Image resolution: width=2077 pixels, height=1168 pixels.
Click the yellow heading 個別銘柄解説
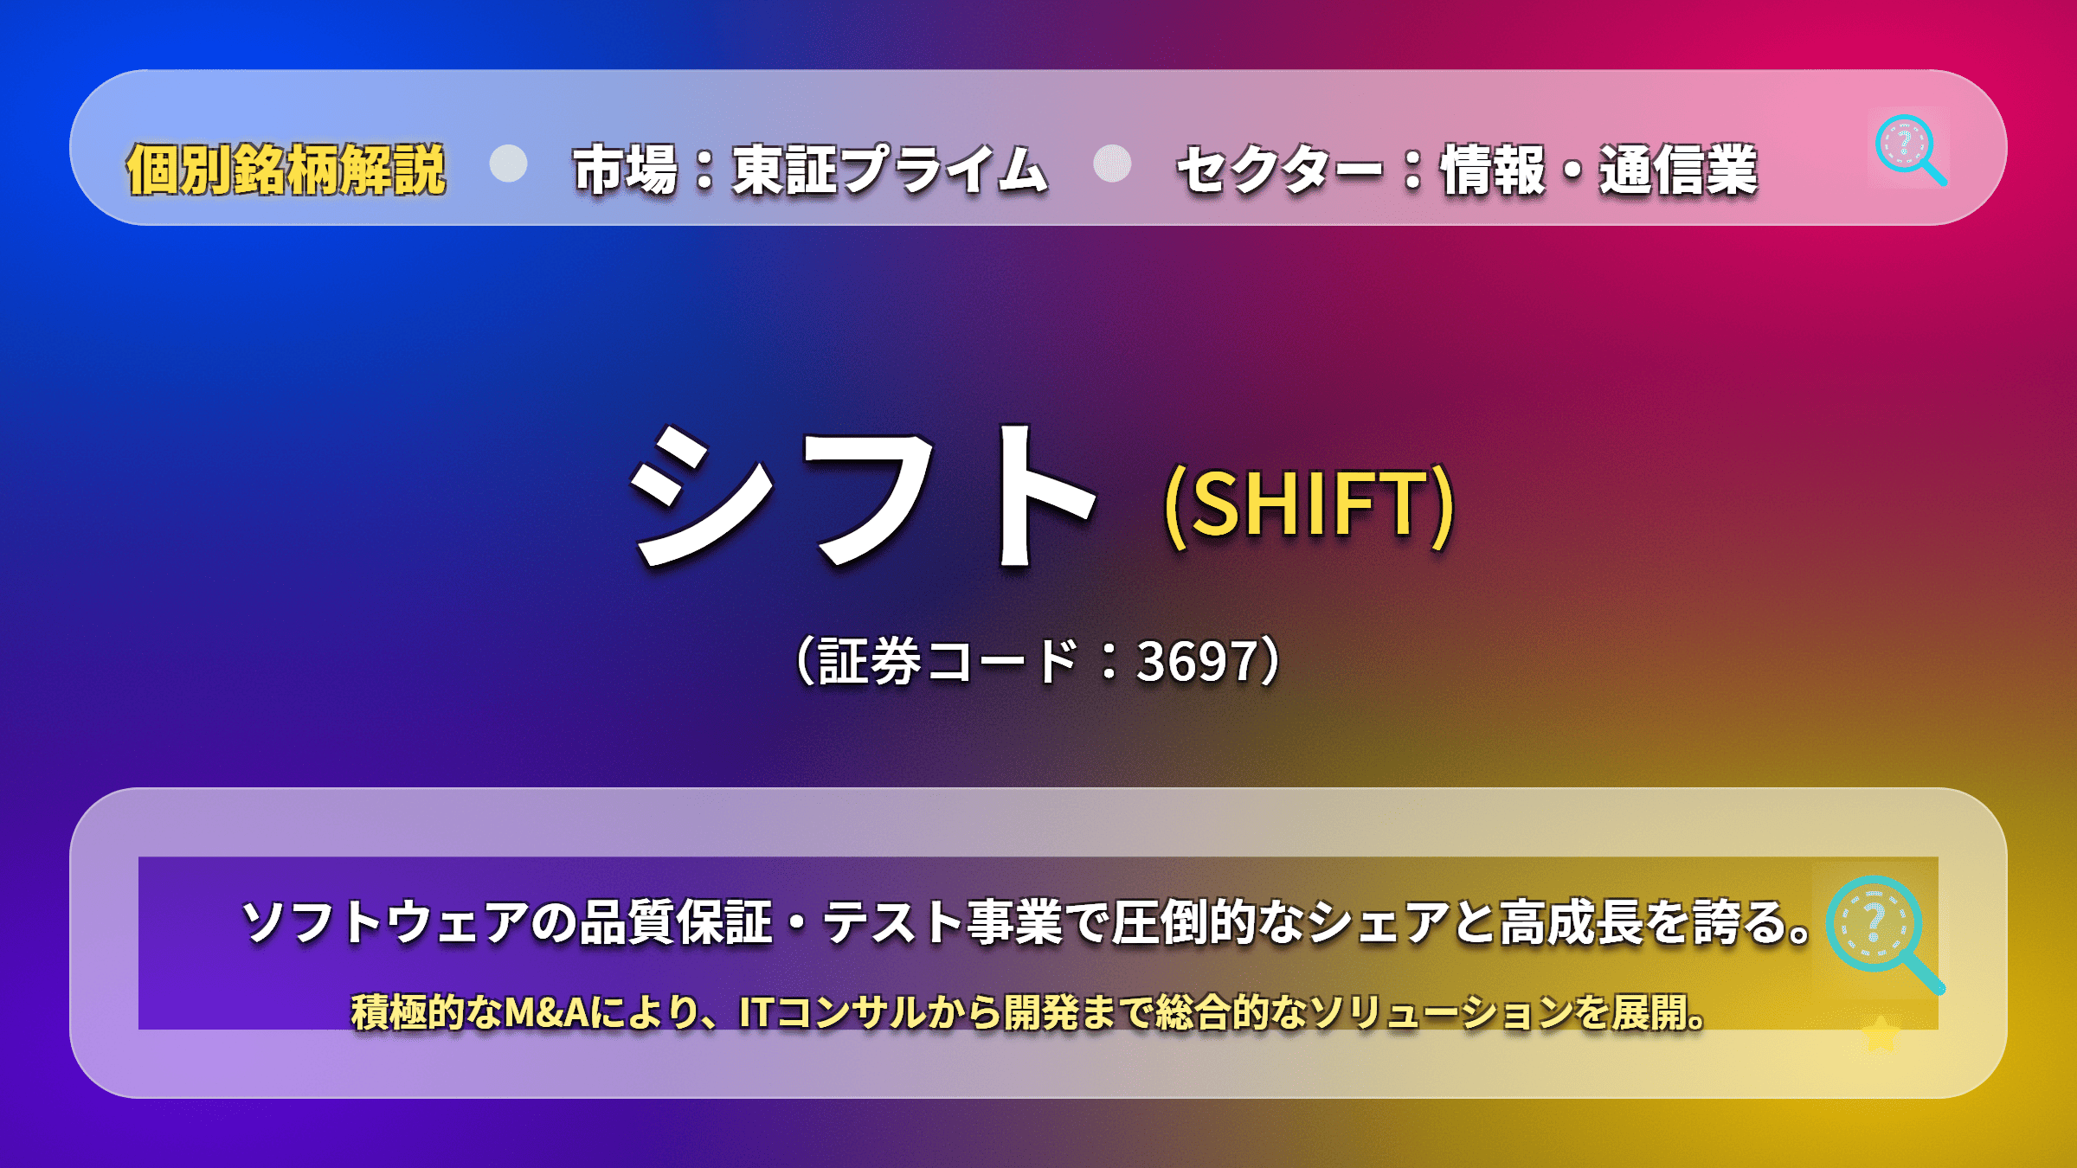point(286,170)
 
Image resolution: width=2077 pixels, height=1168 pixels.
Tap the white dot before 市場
point(508,164)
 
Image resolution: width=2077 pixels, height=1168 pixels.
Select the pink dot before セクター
point(1112,164)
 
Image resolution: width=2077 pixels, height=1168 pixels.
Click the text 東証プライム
point(891,170)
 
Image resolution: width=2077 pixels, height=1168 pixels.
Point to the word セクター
point(1279,170)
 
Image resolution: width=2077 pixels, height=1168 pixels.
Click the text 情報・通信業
point(1599,170)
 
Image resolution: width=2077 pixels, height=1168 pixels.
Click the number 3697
point(1197,661)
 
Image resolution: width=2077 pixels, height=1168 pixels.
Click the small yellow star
point(1880,1033)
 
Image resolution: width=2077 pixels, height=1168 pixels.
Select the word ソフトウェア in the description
point(385,921)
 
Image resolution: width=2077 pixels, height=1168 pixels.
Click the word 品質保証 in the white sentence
point(676,921)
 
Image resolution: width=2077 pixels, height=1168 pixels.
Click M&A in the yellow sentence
point(548,1012)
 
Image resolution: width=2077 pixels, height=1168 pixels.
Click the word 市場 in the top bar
point(625,170)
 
